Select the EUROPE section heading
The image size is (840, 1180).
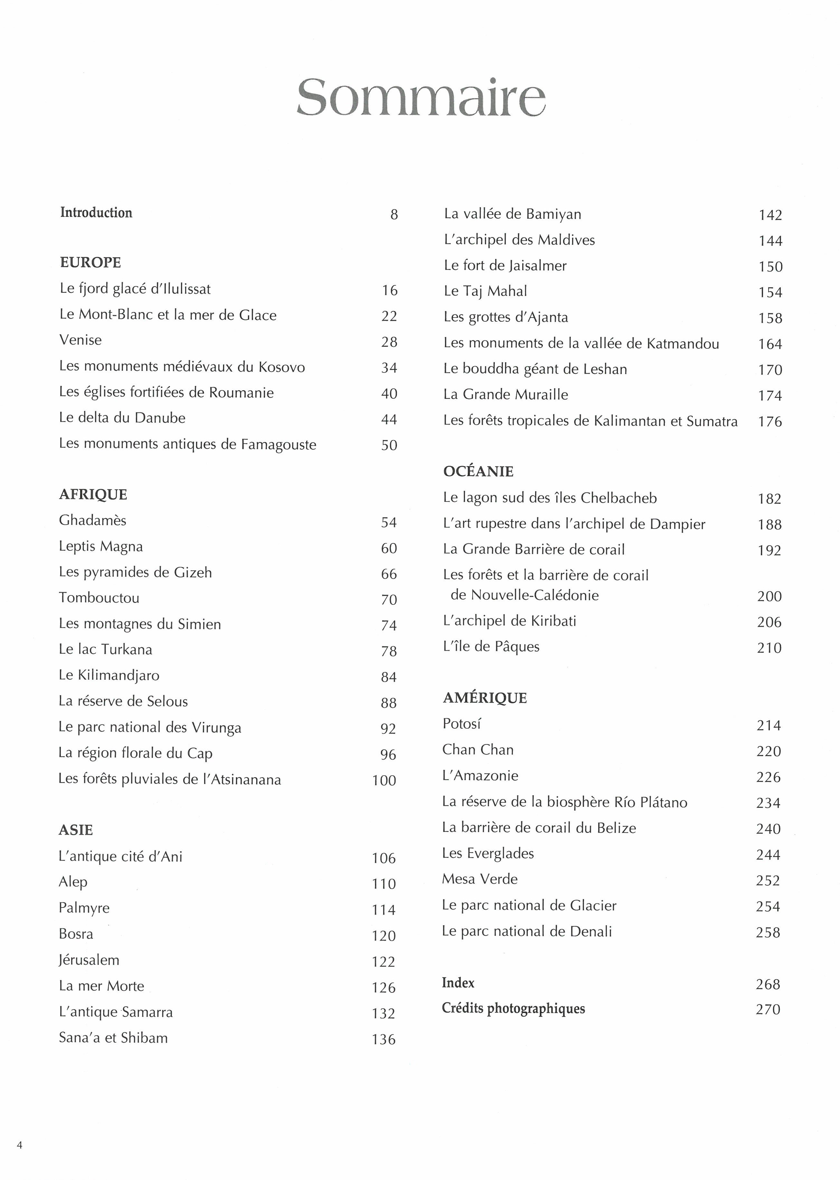(x=90, y=263)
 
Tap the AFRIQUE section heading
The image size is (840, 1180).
(x=93, y=495)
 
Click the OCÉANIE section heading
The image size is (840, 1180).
(x=478, y=471)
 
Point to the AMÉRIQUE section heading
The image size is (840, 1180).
(x=485, y=698)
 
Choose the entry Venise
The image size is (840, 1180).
(x=81, y=340)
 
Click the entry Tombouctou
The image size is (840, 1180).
(x=99, y=598)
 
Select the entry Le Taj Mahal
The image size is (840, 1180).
(x=485, y=291)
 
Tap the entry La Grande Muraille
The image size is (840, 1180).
(x=505, y=394)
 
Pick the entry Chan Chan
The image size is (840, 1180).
(x=478, y=750)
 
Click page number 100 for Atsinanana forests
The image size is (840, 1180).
(x=384, y=780)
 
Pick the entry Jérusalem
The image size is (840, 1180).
(x=89, y=960)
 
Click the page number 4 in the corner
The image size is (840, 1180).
(x=20, y=1145)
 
